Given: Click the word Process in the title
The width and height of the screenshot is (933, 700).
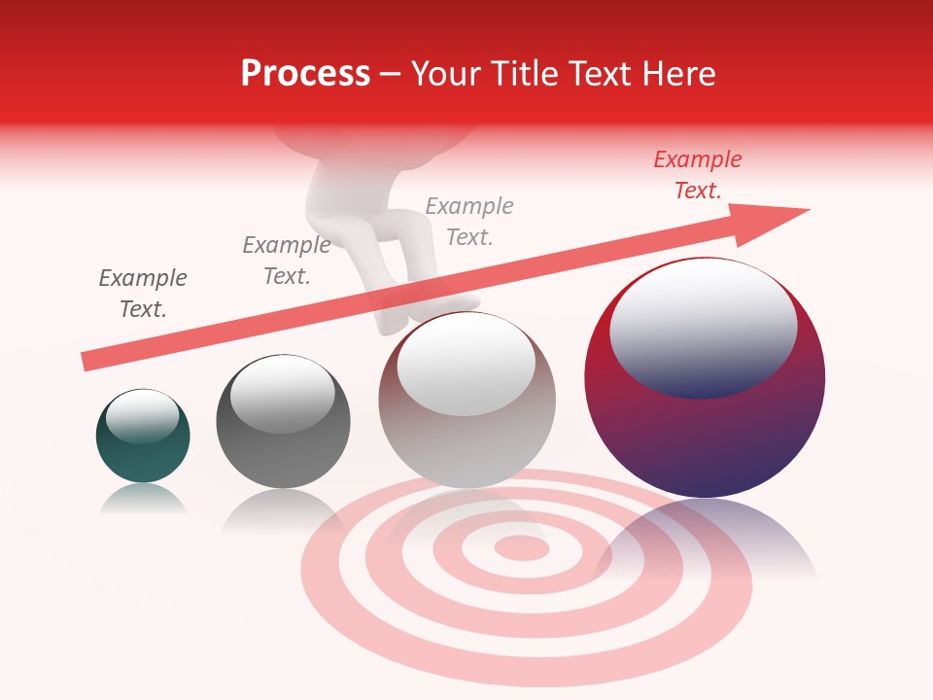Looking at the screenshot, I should click(x=305, y=74).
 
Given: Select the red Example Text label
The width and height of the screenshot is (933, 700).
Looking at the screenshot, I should click(x=698, y=175).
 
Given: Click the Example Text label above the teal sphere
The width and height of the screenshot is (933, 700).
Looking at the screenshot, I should click(x=143, y=294).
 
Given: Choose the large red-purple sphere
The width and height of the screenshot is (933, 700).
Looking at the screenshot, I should click(x=705, y=428).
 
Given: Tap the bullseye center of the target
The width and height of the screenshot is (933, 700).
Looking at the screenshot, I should click(x=523, y=547).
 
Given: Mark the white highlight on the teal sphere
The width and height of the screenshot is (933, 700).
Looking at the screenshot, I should click(x=142, y=415).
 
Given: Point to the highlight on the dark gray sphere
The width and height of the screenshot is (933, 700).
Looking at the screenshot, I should click(x=282, y=393).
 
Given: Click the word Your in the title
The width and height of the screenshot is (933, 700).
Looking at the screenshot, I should click(x=442, y=74).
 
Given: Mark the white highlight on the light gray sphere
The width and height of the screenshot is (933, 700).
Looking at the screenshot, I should click(x=466, y=363).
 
